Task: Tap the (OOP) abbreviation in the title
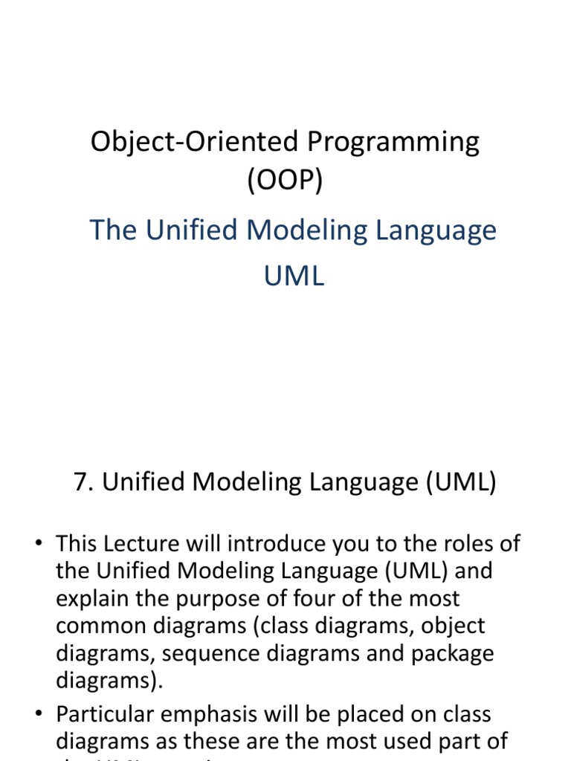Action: coord(285,181)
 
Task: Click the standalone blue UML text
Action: coord(294,276)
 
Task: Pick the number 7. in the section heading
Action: coord(85,483)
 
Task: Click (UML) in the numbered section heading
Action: coord(461,484)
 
